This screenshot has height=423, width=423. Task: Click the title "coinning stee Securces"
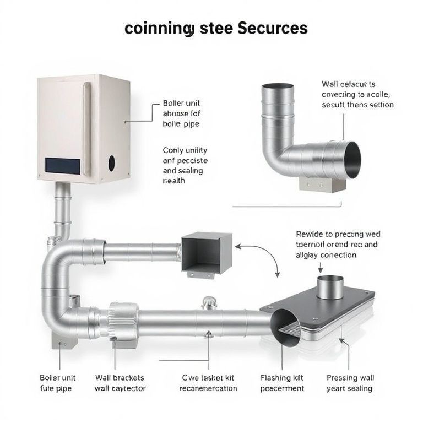[x=216, y=28]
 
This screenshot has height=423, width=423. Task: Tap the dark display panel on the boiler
[x=63, y=164]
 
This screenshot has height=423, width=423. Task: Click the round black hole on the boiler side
[x=112, y=163]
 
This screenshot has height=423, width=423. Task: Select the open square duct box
[x=207, y=254]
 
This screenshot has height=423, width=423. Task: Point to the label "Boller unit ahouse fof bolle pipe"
[x=181, y=113]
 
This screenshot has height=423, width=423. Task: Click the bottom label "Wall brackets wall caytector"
[x=120, y=383]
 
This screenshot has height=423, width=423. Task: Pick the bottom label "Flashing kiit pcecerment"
[x=282, y=383]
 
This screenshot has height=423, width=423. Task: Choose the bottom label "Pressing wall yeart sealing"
[x=350, y=383]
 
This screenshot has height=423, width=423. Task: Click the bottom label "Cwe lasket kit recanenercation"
[x=208, y=383]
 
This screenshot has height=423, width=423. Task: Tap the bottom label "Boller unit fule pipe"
[x=57, y=383]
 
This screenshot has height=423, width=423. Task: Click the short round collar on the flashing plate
[x=330, y=286]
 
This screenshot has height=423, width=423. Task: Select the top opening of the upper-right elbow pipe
[x=278, y=87]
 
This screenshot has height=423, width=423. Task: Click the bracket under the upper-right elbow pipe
[x=322, y=183]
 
